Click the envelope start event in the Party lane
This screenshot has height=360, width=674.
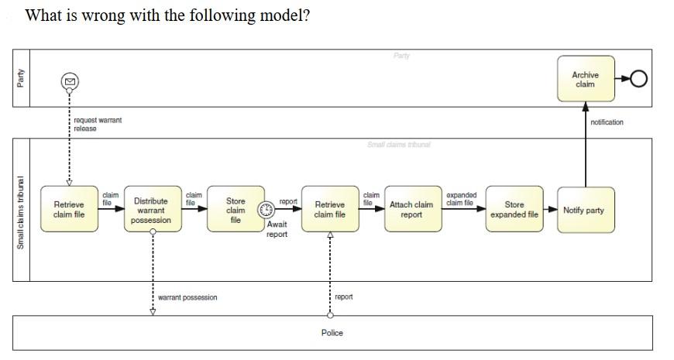[x=69, y=80]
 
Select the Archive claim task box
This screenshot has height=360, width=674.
[x=586, y=79]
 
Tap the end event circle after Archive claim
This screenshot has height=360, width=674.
[x=639, y=79]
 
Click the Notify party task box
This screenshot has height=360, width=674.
[x=586, y=210]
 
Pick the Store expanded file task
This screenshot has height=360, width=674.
[x=514, y=210]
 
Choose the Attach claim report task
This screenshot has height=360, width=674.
[x=411, y=210]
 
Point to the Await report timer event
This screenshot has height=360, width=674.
[x=267, y=209]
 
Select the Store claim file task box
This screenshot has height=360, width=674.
[x=235, y=210]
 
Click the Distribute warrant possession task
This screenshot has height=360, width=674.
[x=152, y=210]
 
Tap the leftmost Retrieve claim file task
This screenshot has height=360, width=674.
[x=69, y=210]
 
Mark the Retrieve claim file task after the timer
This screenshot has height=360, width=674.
[x=330, y=210]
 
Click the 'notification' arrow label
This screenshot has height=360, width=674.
[x=607, y=122]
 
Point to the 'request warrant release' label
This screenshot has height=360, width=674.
[x=97, y=124]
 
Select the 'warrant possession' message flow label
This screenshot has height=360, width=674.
[x=187, y=297]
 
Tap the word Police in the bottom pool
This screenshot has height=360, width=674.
[x=332, y=333]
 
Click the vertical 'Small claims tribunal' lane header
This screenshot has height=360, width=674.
[x=21, y=214]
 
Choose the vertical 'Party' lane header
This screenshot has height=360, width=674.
[x=21, y=77]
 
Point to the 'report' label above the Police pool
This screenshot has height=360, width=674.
[x=344, y=297]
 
